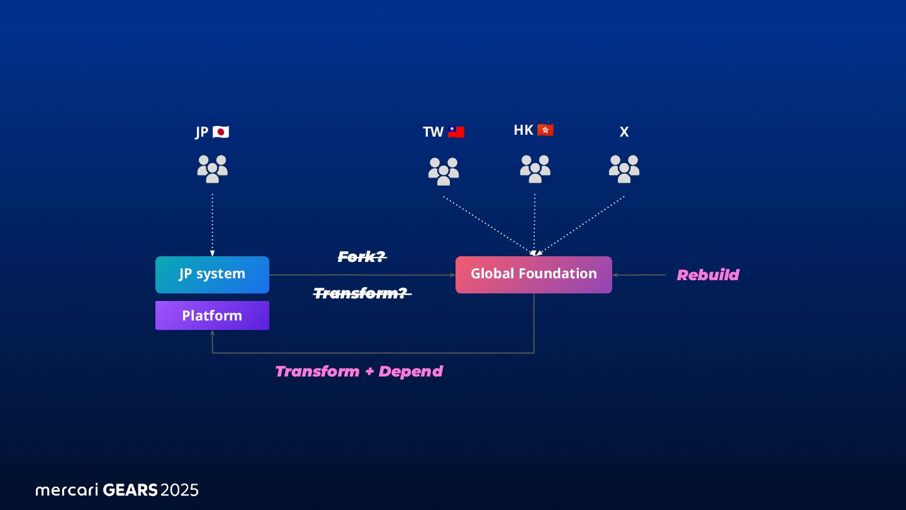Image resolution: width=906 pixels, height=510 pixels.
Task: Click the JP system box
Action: point(212,275)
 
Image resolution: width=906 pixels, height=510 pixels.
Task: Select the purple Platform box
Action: point(212,315)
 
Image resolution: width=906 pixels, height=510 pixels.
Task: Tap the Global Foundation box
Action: point(534,275)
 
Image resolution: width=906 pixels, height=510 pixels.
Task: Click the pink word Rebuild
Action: point(708,275)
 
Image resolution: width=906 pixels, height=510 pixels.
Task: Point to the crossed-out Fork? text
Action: point(362,257)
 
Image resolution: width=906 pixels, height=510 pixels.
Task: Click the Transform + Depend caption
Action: point(359,371)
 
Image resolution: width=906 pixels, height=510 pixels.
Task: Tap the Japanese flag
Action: point(221,132)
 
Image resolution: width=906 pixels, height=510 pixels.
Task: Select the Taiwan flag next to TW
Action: point(456,132)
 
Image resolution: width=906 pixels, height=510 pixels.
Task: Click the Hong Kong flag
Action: point(545,130)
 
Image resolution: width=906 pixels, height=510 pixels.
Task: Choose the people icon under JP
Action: point(212,169)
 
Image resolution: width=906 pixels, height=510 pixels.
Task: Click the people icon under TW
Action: point(444,171)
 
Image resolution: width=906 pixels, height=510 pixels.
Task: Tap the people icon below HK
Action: point(535,169)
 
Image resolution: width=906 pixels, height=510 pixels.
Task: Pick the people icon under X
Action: point(624,169)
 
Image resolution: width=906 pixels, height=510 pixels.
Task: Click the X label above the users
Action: point(624,132)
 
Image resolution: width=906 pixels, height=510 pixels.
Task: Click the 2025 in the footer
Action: point(179,490)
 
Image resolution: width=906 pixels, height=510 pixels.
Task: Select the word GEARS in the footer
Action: point(130,490)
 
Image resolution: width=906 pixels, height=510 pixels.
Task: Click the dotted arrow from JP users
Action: point(212,224)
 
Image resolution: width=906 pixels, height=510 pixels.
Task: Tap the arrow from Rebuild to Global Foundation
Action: point(639,275)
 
